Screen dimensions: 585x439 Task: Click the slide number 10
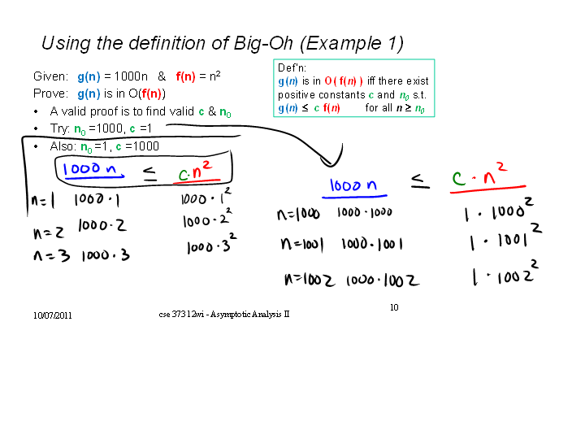[x=394, y=307]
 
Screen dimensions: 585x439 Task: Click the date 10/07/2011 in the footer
[x=52, y=315]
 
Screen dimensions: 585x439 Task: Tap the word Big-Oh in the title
[x=263, y=44]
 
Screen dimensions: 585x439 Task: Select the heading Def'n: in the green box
[x=292, y=67]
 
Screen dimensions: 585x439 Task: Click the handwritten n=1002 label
[x=310, y=280]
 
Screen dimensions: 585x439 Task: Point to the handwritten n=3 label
[x=51, y=256]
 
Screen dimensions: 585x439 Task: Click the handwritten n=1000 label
[x=298, y=215]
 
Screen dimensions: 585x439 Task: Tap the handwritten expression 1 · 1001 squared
[x=505, y=237]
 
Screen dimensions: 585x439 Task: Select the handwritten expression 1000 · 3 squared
[x=211, y=243]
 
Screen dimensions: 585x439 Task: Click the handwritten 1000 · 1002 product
[x=383, y=280]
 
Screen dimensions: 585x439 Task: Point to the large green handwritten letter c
[x=458, y=178]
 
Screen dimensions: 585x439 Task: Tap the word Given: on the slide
[x=50, y=76]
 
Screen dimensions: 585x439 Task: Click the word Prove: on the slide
[x=50, y=93]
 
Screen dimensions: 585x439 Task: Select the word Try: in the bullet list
[x=59, y=128]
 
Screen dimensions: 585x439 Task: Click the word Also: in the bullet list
[x=63, y=146]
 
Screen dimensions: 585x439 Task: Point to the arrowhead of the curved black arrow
[x=330, y=163]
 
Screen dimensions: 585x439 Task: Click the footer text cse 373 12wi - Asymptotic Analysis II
[x=224, y=315]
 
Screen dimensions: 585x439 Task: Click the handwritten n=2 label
[x=49, y=233]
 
